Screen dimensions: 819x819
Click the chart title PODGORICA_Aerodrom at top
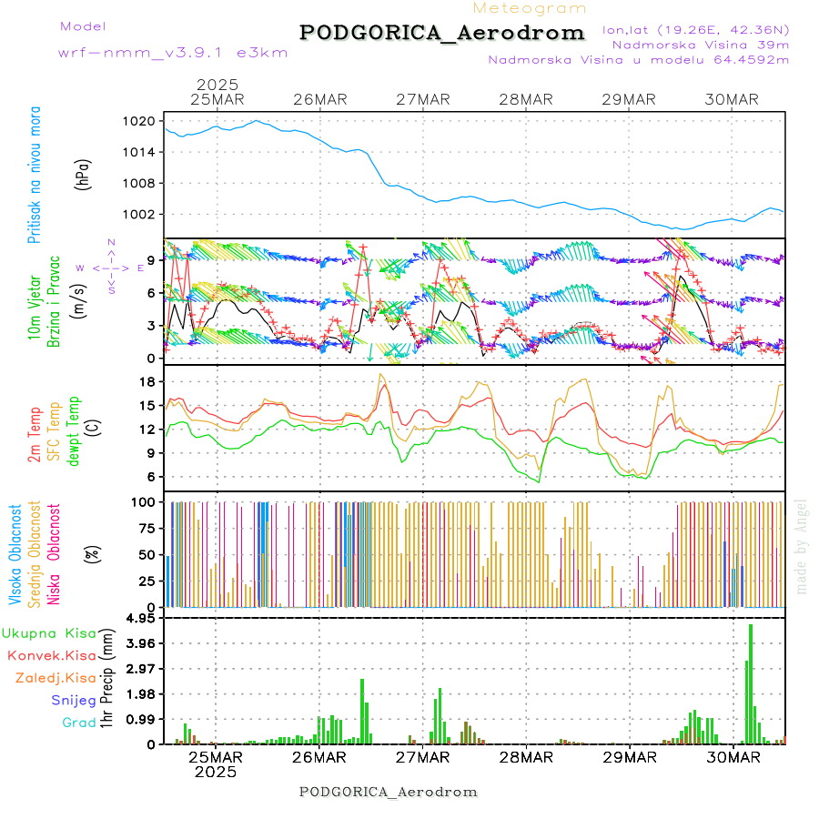[442, 33]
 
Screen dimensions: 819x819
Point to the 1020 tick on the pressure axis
[141, 121]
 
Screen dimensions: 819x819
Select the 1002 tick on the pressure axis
[141, 215]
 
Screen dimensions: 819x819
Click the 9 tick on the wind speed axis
[151, 259]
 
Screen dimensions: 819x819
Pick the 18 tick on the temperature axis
[147, 381]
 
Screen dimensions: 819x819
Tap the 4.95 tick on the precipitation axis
[140, 618]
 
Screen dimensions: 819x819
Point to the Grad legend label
[79, 723]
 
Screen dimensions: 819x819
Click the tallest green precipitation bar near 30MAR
[751, 683]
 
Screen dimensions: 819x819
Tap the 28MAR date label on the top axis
[526, 99]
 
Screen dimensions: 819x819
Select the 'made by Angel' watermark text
[802, 546]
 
